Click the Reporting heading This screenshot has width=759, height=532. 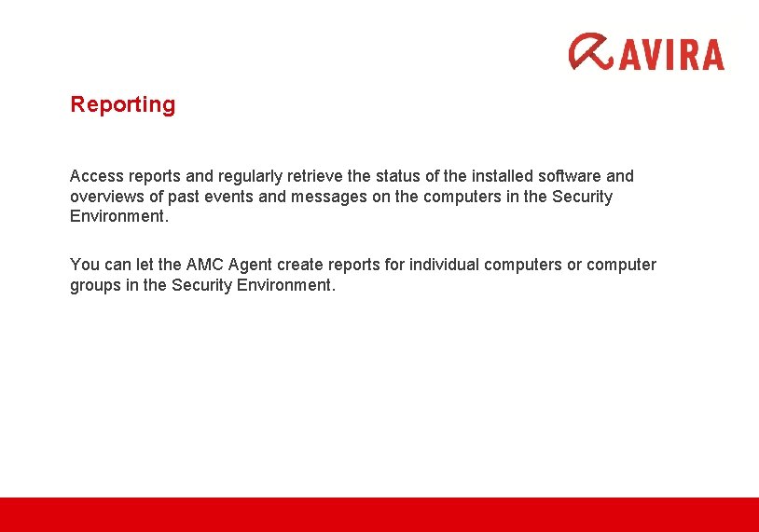(x=122, y=104)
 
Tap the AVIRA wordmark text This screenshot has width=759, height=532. (x=670, y=53)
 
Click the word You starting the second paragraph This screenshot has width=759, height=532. (x=84, y=265)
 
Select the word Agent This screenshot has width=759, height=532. (x=257, y=265)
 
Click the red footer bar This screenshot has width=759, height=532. (x=379, y=514)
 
